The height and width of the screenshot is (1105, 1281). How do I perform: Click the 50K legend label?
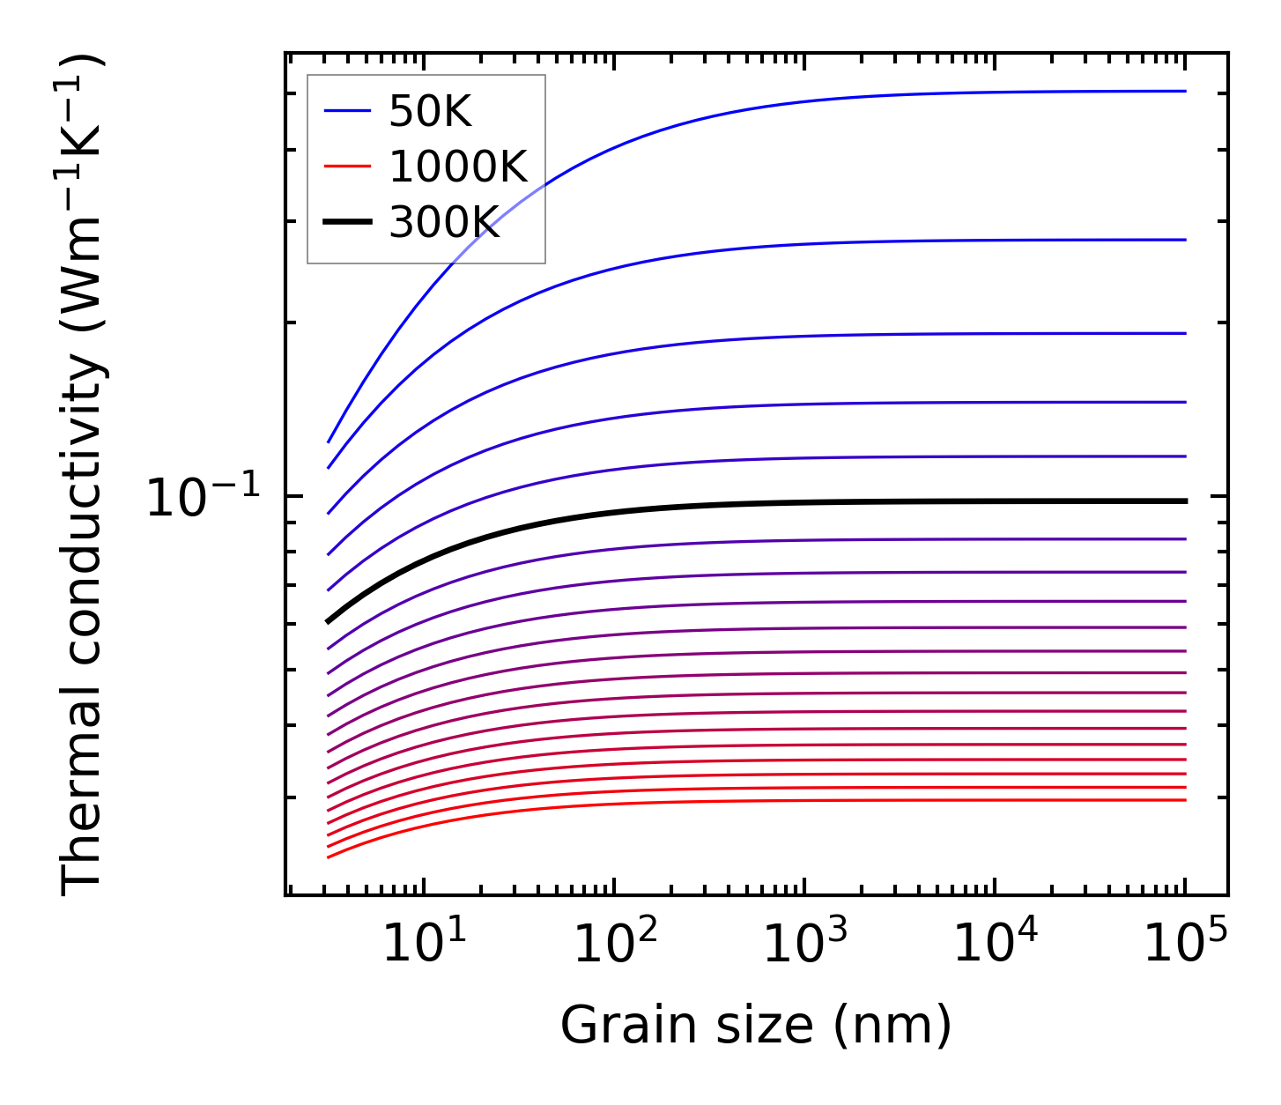tap(430, 112)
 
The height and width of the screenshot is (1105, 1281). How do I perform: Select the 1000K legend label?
tap(457, 167)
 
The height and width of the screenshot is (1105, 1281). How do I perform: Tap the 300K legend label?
tap(444, 223)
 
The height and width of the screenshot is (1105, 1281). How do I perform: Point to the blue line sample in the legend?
tap(348, 111)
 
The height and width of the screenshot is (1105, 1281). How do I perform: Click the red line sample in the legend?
tap(348, 167)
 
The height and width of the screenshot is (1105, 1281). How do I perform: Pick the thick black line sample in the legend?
tap(348, 223)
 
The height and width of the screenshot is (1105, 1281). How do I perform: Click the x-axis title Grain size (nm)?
tap(756, 1026)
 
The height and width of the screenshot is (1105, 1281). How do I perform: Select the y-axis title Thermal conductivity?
tap(83, 474)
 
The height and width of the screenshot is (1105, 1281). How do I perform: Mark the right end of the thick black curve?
tap(1186, 501)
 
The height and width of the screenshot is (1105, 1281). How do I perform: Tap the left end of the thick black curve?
tap(328, 621)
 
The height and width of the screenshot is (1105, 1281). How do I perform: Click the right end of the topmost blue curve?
tap(1186, 91)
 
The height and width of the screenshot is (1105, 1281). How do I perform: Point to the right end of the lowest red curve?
tap(1186, 800)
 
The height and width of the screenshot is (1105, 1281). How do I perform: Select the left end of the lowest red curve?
tap(328, 857)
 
